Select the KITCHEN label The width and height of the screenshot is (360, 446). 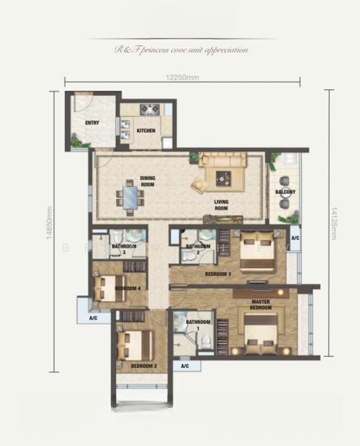(146, 131)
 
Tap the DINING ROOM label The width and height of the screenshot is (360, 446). (147, 181)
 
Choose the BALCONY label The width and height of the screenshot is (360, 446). (285, 193)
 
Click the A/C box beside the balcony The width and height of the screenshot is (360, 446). (295, 239)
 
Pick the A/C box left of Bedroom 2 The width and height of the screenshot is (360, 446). (94, 318)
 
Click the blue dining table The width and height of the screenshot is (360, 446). (131, 198)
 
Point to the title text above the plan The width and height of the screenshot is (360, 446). (181, 50)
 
